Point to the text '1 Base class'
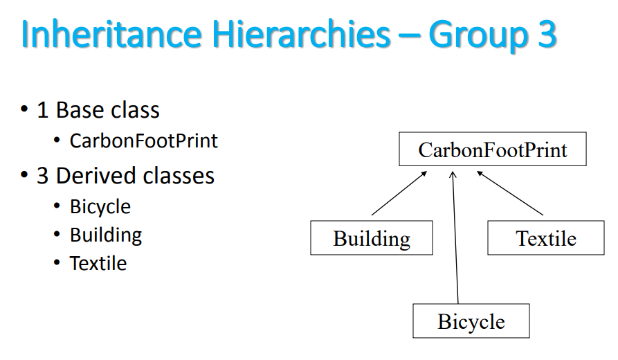(98, 110)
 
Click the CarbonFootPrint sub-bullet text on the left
(144, 141)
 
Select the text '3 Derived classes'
(125, 176)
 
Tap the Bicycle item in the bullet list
(100, 206)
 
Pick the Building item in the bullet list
(106, 235)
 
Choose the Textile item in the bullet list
(98, 264)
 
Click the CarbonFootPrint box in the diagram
(492, 150)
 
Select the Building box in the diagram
(372, 238)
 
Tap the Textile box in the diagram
(546, 238)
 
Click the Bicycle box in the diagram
(471, 321)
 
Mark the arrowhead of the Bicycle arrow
(453, 175)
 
